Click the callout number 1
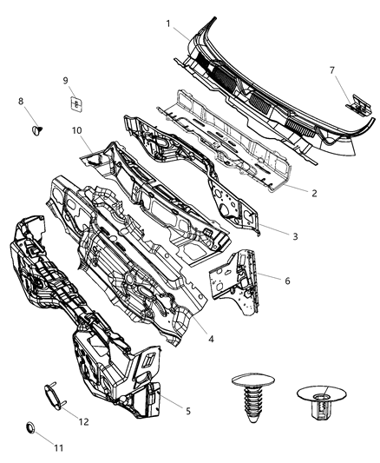[168, 23]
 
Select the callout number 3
[294, 235]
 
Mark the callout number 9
[65, 81]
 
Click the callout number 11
[59, 447]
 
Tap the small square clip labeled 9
[75, 103]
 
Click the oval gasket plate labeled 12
[51, 396]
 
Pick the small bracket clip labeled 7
[354, 104]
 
